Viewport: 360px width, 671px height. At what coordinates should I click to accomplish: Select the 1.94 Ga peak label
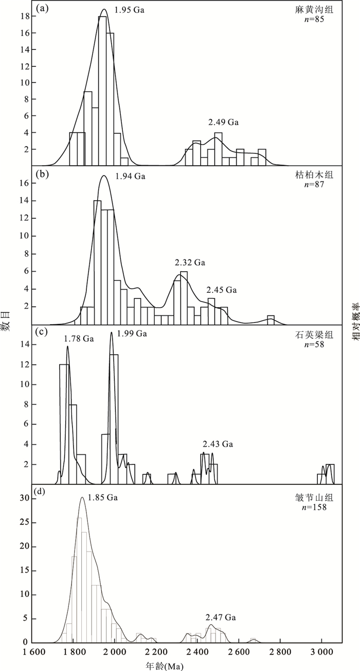point(131,176)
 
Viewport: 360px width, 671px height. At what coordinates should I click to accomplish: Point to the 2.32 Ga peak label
point(190,263)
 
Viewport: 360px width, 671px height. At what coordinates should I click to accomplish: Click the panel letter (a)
point(42,9)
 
